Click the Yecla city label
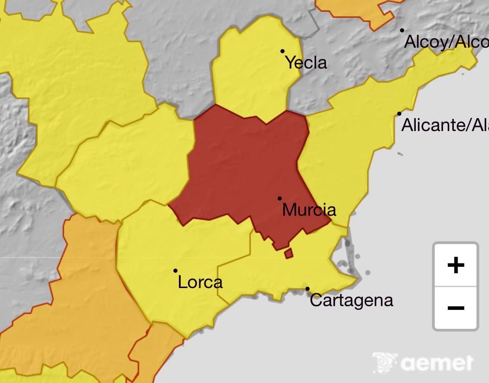point(306,63)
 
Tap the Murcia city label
point(309,210)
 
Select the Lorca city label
point(200,282)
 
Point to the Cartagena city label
point(351,300)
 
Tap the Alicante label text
point(444,125)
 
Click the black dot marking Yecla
point(282,51)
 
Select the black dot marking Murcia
point(279,198)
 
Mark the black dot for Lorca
point(175,270)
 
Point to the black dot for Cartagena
point(307,289)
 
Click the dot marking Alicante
point(399,113)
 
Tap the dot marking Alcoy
point(402,31)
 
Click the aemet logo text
point(437,363)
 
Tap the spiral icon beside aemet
point(385,362)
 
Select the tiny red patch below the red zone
point(289,253)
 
